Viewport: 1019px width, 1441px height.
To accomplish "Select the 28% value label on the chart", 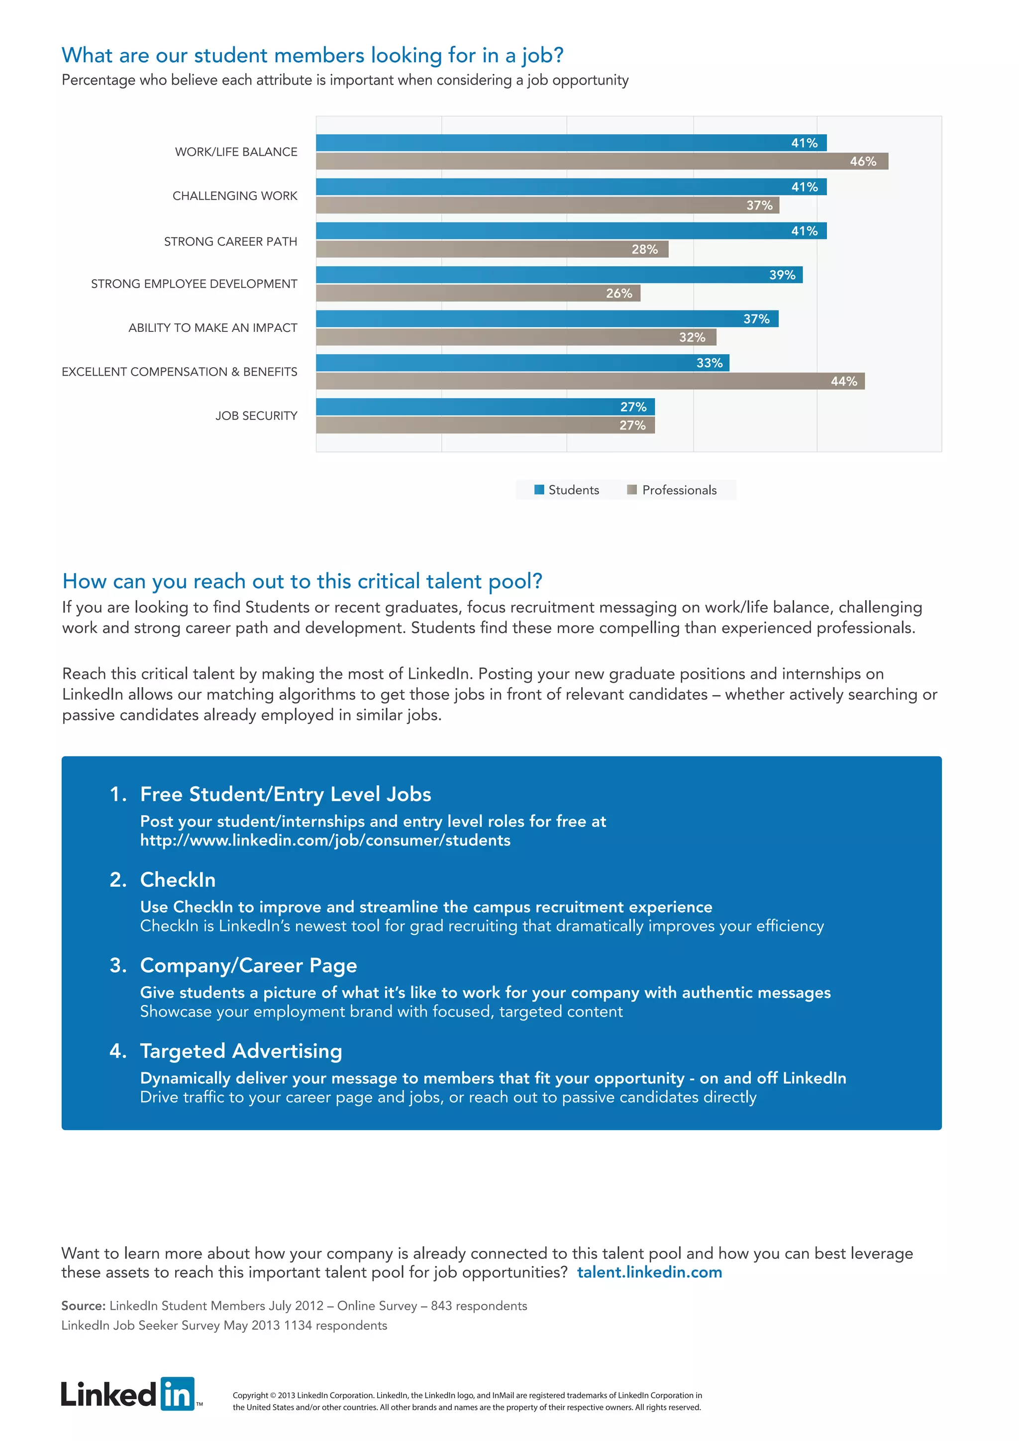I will pos(644,249).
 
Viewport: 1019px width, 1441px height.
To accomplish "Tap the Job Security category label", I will pos(256,415).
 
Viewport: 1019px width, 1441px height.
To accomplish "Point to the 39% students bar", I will pos(558,275).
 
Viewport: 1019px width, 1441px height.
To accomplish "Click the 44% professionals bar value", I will pos(843,381).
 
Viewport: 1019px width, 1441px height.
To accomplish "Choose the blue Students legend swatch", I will pos(539,490).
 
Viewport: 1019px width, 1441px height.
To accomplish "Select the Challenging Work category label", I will pos(235,196).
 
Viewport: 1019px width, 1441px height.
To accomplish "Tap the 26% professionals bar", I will pos(477,293).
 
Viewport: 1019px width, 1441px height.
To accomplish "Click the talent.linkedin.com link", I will pos(649,1272).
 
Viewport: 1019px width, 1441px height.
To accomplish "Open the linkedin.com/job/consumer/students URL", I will pos(325,840).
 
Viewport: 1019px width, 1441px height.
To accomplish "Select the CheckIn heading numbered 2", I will pos(178,879).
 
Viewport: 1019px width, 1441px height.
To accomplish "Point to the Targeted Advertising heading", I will pos(241,1050).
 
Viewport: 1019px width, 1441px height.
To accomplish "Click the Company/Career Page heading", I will pos(248,965).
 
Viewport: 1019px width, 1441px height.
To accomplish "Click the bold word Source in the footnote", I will pos(83,1306).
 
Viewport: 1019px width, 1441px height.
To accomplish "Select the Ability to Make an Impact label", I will pos(213,327).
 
